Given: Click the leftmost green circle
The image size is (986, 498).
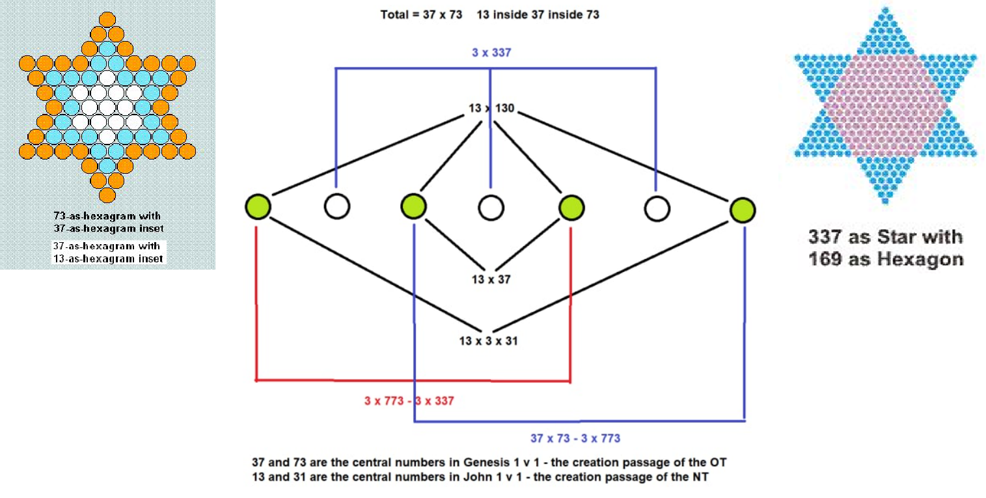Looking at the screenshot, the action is click(258, 206).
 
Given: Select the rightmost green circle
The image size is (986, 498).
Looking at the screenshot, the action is click(743, 210).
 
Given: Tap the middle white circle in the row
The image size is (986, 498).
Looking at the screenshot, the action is click(491, 208).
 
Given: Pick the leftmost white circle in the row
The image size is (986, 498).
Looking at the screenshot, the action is click(337, 206).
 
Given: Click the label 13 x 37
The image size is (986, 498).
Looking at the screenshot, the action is click(491, 279).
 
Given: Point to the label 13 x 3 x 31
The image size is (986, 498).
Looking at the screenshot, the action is click(488, 341).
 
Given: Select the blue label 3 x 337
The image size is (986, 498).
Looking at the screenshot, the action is click(491, 52).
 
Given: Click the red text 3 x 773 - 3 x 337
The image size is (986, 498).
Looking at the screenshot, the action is click(409, 401).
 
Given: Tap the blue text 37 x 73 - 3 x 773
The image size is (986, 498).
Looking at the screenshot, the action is click(575, 438).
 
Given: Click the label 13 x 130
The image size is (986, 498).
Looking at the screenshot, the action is click(491, 108).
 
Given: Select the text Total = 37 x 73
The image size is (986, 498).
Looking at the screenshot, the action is click(421, 14).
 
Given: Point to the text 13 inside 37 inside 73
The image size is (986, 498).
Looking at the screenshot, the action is click(538, 14).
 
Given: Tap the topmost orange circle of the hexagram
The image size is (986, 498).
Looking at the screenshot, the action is click(107, 20).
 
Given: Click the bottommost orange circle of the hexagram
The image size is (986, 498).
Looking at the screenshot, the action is click(107, 195).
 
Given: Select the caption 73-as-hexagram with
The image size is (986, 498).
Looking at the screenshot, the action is click(107, 215).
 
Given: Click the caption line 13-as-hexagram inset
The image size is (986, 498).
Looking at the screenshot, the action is click(108, 258).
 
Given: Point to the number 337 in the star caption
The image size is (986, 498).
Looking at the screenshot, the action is click(825, 237).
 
